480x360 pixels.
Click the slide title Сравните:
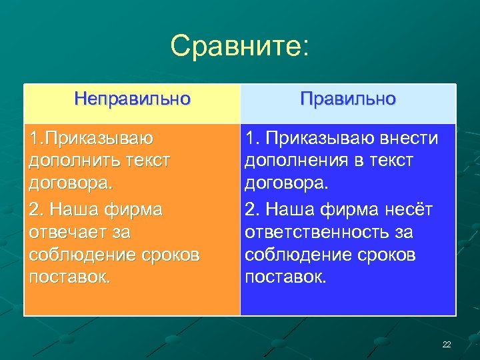239,47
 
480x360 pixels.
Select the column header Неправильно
133,99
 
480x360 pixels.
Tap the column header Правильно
347,99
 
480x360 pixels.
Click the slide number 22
446,344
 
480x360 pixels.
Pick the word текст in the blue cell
389,161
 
